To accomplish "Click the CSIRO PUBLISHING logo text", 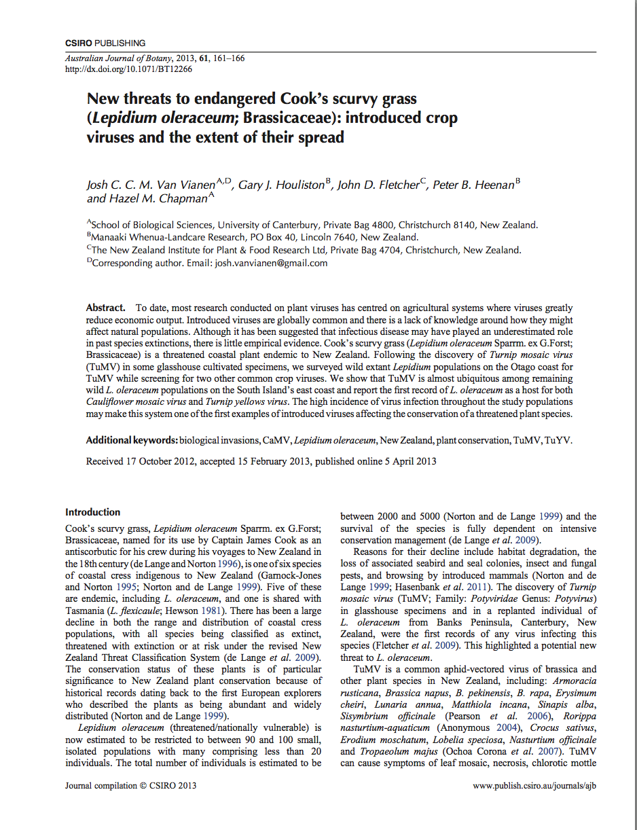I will (x=105, y=43).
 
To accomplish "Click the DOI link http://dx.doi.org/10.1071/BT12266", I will (x=128, y=69).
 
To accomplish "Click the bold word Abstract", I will (x=105, y=308).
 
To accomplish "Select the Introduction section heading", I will (x=93, y=512).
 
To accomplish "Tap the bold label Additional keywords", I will (x=131, y=440).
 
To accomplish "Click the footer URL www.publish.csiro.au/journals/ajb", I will (x=535, y=785).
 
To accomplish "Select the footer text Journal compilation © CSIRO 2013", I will (x=130, y=785).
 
